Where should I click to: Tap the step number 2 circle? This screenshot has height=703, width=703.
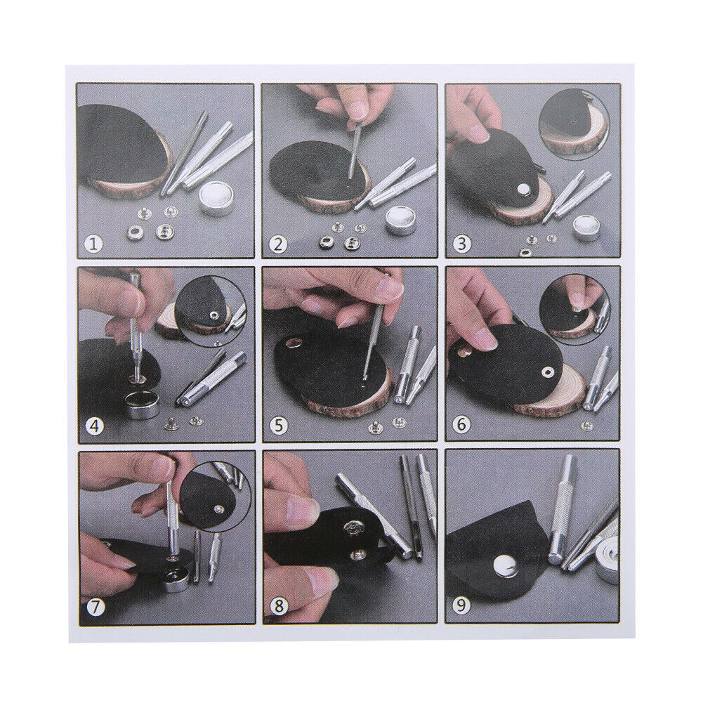(x=279, y=244)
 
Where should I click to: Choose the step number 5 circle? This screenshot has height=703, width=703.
(x=279, y=426)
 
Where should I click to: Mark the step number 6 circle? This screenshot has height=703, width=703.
(x=462, y=424)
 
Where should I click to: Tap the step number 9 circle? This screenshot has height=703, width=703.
(x=462, y=607)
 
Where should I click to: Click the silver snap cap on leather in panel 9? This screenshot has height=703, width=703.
(x=504, y=567)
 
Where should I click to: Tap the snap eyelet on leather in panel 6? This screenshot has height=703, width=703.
(x=546, y=372)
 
